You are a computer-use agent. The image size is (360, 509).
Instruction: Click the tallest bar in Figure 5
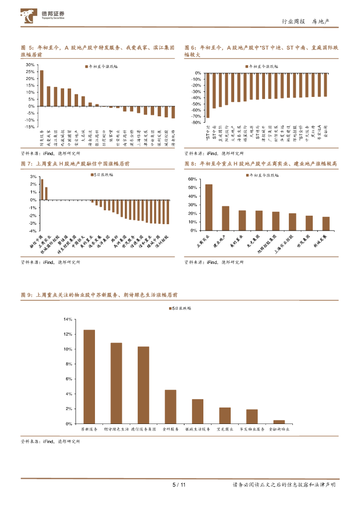(42, 88)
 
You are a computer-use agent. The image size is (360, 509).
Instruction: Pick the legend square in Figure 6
(246, 66)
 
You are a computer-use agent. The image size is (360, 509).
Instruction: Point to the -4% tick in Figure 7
(32, 231)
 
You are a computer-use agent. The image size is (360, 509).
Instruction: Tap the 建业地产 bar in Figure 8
(226, 218)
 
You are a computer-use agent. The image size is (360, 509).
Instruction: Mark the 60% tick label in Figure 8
(192, 179)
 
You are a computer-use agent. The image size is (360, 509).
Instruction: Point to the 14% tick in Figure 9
(68, 319)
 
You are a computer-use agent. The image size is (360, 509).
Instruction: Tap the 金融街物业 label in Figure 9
(279, 428)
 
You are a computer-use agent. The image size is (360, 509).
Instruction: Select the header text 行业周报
(291, 21)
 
